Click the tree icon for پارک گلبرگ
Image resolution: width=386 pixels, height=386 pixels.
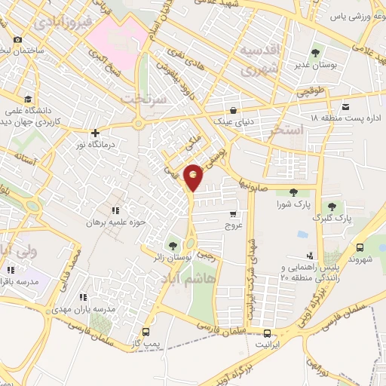[330, 206]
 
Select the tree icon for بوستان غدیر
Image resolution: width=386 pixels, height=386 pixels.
[315, 54]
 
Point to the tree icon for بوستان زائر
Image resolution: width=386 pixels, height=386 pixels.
[174, 245]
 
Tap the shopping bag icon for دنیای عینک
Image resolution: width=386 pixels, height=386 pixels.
[234, 109]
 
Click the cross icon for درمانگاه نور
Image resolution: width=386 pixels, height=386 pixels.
[95, 132]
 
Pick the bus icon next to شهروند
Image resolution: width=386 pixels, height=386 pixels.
[360, 247]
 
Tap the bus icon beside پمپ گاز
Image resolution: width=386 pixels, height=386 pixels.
[146, 332]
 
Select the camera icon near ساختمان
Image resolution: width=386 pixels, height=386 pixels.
[17, 39]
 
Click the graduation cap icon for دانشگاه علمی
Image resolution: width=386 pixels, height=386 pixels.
[28, 99]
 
